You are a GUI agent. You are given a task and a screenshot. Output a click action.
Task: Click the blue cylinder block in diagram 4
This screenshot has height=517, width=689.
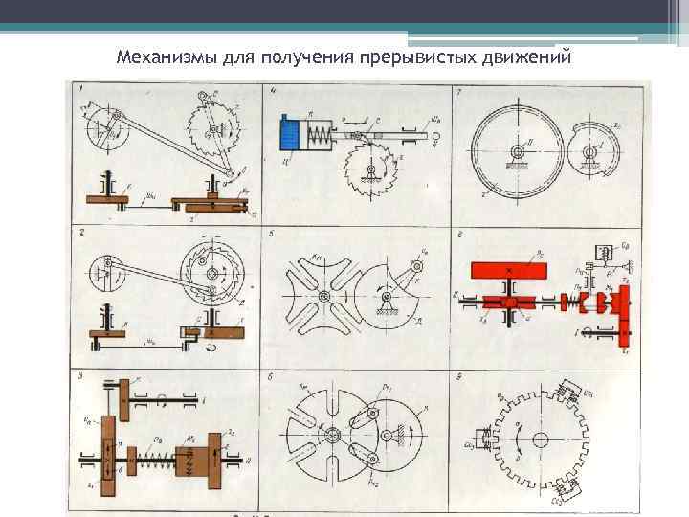[x=291, y=132]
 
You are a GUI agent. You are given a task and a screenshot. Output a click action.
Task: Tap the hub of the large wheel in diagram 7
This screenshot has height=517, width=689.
[x=518, y=153]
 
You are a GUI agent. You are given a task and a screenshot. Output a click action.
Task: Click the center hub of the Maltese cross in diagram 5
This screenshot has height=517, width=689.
[x=325, y=301]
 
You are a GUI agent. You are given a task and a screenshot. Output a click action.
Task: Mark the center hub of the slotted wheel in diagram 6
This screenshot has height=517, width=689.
[x=330, y=433]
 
